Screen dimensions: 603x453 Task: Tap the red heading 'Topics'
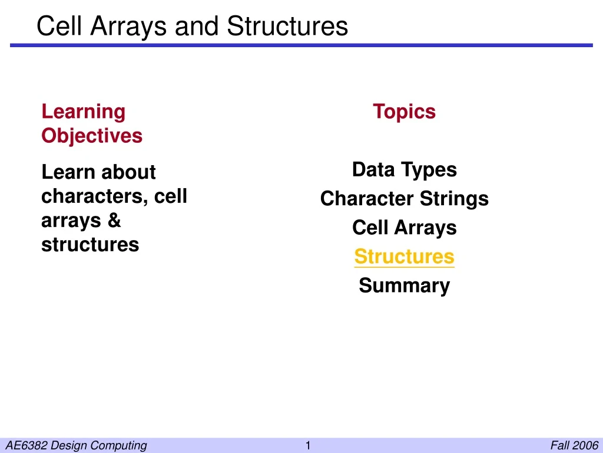pyautogui.click(x=404, y=111)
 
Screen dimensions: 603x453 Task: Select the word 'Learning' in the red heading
pyautogui.click(x=84, y=112)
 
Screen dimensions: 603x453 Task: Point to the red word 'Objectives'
pyautogui.click(x=92, y=136)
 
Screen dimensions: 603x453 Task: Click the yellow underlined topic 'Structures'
pyautogui.click(x=404, y=257)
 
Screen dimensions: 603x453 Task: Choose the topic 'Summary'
pyautogui.click(x=404, y=286)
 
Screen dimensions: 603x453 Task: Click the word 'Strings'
pyautogui.click(x=454, y=199)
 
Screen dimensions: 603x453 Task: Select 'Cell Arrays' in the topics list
pyautogui.click(x=404, y=228)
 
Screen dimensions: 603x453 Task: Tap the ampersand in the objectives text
pyautogui.click(x=114, y=220)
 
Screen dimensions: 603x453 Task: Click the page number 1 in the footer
pyautogui.click(x=307, y=446)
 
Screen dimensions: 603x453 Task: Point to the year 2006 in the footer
pyautogui.click(x=587, y=445)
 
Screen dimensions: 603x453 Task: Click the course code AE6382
pyautogui.click(x=26, y=445)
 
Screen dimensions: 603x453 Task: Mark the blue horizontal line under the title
pyautogui.click(x=301, y=45)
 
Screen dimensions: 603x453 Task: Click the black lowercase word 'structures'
pyautogui.click(x=90, y=245)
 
